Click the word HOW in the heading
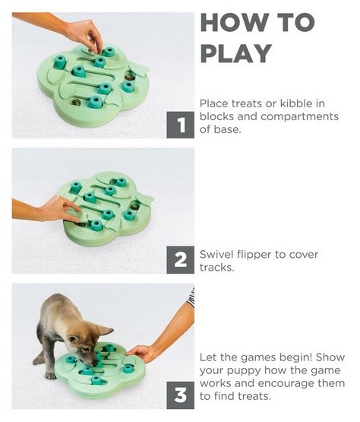(235, 23)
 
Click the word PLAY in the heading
(236, 53)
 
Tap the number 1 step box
(181, 125)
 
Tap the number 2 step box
(181, 260)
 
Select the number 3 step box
(181, 395)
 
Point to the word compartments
(299, 117)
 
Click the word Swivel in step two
(216, 254)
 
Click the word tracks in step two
(216, 268)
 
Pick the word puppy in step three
(244, 371)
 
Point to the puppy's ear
(105, 330)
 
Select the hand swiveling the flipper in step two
(61, 208)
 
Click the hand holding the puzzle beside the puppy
(141, 353)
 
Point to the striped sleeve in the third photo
(191, 297)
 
